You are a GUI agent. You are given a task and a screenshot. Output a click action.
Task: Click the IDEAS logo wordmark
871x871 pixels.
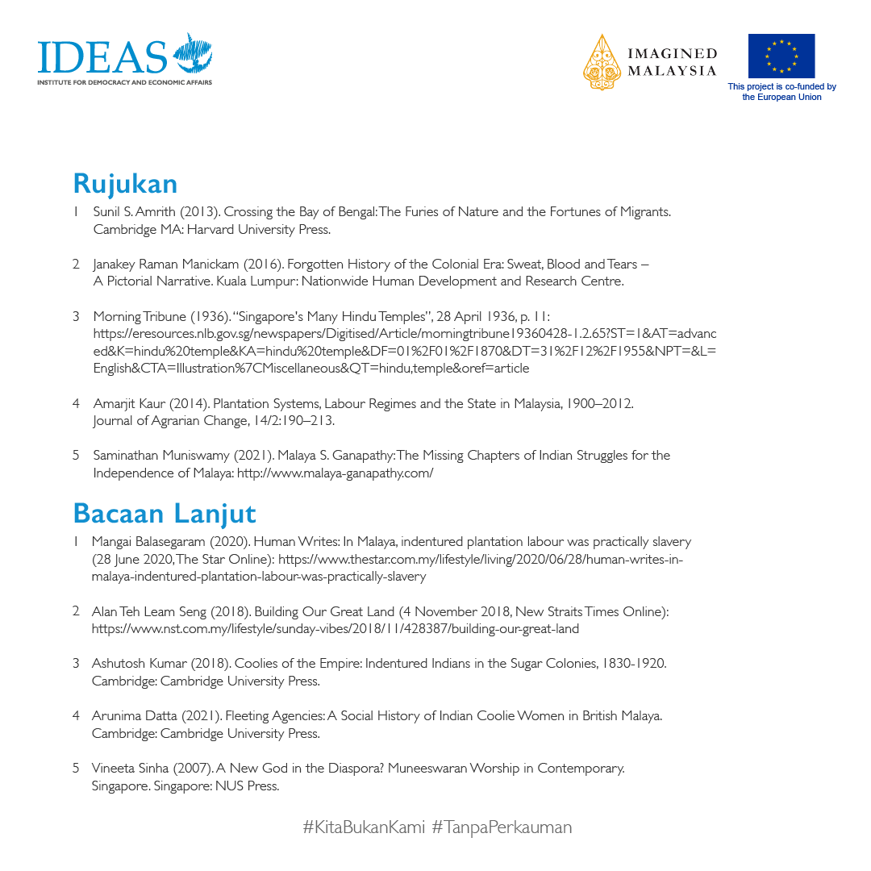(x=102, y=56)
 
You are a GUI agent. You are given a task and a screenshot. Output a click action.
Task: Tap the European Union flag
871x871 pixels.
(x=781, y=56)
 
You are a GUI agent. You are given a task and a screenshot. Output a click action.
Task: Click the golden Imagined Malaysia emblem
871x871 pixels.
(x=602, y=61)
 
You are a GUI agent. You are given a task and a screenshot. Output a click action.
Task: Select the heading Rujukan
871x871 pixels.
(x=125, y=184)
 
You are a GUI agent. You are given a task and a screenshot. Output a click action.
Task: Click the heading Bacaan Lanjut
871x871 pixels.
(x=165, y=513)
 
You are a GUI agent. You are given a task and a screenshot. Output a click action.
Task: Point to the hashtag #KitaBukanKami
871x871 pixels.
(x=364, y=827)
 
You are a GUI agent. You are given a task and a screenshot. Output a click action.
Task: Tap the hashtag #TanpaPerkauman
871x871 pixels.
(x=502, y=827)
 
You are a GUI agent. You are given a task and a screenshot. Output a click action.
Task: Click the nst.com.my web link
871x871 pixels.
(x=335, y=629)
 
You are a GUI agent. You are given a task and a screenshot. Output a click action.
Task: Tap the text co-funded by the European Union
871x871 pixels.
(x=781, y=92)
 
